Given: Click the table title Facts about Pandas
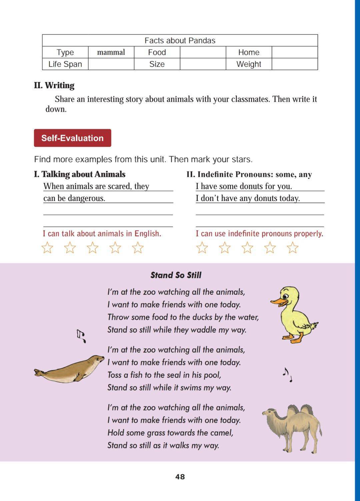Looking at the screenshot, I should [180, 41].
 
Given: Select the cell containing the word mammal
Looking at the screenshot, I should [111, 52].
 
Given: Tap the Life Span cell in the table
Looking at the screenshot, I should [65, 64].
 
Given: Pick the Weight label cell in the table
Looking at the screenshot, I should [249, 64].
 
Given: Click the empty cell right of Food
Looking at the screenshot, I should [203, 52].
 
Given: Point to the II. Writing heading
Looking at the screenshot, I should [54, 86].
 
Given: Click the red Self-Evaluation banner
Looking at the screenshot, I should [72, 138].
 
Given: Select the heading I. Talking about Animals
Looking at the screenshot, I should [80, 174].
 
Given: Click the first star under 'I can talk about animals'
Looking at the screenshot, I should [47, 248].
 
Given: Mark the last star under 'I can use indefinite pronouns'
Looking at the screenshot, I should [292, 248].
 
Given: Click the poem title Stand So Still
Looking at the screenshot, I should [176, 275].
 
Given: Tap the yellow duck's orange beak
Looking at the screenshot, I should [278, 301].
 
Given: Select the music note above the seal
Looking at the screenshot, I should [81, 335].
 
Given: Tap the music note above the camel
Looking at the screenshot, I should [287, 374].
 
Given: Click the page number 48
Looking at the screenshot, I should [180, 477].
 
